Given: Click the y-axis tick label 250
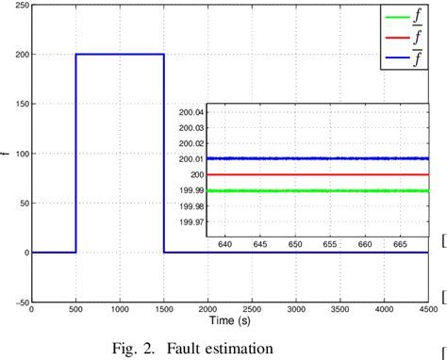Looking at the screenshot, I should [x=21, y=5].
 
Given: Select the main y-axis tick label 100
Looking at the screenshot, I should [x=21, y=153].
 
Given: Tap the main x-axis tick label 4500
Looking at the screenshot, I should [x=428, y=309].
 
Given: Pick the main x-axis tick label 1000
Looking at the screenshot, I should [x=120, y=309].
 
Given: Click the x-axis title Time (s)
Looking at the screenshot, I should [x=229, y=320].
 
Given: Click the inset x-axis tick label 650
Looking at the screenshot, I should [x=297, y=243].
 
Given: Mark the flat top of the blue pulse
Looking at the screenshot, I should [x=120, y=54].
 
